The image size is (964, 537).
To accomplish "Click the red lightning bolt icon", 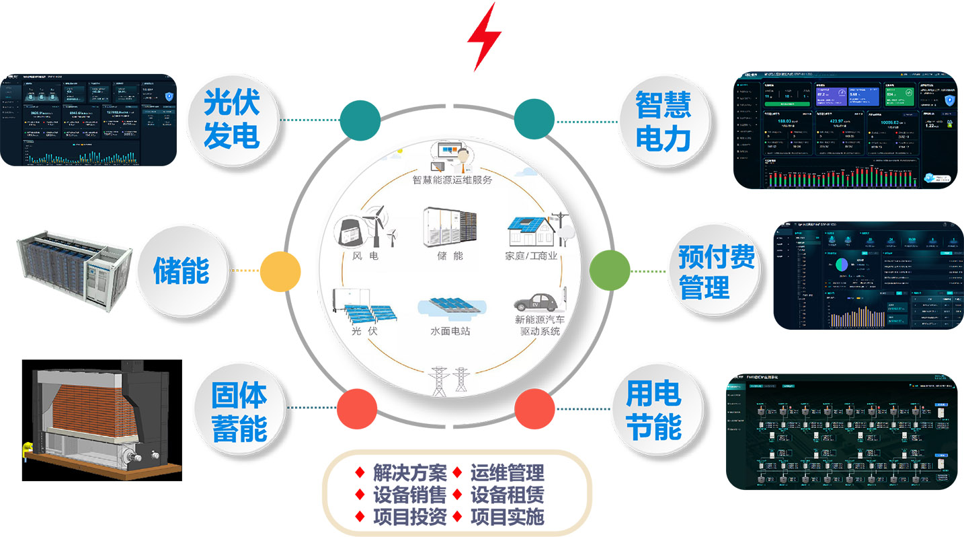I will coord(484,36).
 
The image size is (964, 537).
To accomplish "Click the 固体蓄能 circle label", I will coord(239,412).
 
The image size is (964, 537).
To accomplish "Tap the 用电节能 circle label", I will coord(653,410).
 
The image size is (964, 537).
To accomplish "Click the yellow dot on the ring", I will coord(280,271).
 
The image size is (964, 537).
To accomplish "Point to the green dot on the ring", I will coord(609,271).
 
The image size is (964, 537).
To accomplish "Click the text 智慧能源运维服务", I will coord(452,180).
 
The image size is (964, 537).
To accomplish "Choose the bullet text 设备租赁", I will coord(507,495).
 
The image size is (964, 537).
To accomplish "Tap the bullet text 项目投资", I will coord(409,517).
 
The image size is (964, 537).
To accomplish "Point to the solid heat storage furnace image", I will coord(101,420).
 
